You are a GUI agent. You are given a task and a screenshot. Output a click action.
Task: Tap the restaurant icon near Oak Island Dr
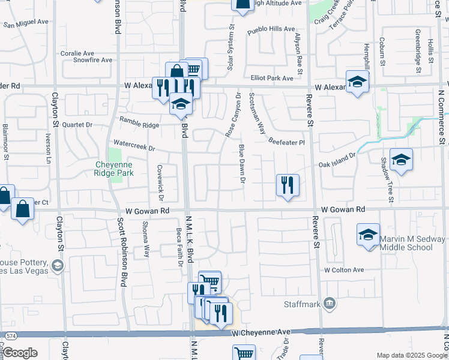[288, 185]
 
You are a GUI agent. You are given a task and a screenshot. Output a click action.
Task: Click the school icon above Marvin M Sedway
[368, 235]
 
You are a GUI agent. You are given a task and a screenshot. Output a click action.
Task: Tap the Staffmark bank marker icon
[329, 304]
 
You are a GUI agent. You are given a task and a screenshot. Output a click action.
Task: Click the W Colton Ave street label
[345, 270]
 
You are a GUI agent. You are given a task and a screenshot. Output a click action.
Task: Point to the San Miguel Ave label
[26, 22]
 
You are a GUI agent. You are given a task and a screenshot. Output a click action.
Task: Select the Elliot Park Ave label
[272, 78]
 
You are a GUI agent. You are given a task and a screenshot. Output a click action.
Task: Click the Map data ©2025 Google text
[412, 356]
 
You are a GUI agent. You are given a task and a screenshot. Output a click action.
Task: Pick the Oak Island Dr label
[337, 163]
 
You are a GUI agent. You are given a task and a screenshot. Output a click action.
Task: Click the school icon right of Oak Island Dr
[401, 160]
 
